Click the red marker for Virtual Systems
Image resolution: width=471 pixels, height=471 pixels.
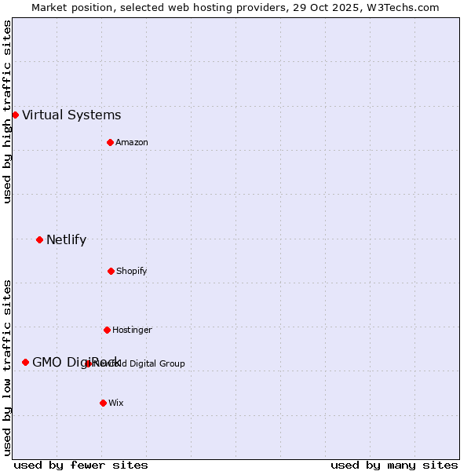tap(15, 115)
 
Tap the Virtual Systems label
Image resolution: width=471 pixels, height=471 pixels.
tap(71, 115)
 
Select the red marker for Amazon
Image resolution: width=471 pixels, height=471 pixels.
tap(110, 142)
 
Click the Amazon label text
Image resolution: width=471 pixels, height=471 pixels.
tap(132, 143)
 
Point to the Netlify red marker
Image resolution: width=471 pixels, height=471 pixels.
tap(39, 239)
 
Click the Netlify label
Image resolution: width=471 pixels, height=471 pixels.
tap(66, 240)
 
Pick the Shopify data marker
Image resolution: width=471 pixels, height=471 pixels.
tap(111, 271)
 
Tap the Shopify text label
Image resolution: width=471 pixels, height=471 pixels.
tap(132, 272)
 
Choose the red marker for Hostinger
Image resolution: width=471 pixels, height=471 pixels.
tap(107, 330)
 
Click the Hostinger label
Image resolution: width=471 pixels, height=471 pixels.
tap(132, 330)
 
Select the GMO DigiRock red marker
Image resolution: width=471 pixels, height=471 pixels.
tap(25, 362)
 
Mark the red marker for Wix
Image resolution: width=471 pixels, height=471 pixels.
tap(103, 403)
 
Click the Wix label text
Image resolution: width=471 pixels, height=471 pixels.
tap(116, 403)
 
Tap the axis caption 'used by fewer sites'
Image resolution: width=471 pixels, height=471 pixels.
tap(81, 465)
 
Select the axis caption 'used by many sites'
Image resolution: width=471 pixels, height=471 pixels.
tap(394, 465)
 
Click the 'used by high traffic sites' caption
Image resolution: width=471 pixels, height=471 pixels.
tap(7, 111)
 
